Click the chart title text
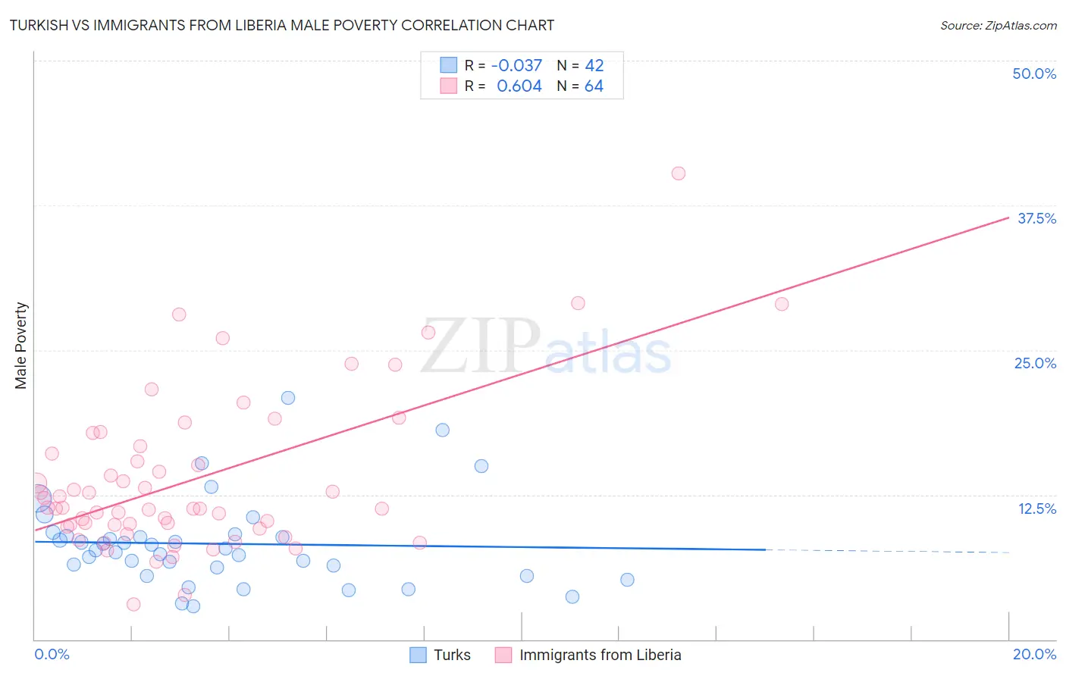pos(281,25)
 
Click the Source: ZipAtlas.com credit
pos(998,25)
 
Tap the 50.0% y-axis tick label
pos(1034,74)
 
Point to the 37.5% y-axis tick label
pos(1036,218)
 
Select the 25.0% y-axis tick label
pos(1035,363)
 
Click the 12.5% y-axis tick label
pos(1036,509)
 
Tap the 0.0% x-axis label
pos(52,654)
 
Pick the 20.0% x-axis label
pos(1034,654)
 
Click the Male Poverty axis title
pos(21,346)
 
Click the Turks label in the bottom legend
pos(452,655)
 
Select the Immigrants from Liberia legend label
pos(600,655)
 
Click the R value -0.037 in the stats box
pos(516,66)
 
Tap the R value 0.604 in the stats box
pos(519,86)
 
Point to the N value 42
pos(594,66)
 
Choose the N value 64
pos(594,86)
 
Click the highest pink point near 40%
pos(679,174)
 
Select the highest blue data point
pos(288,398)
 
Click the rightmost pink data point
pos(782,304)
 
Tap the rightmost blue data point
pos(627,580)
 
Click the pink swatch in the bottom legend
pos(503,655)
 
